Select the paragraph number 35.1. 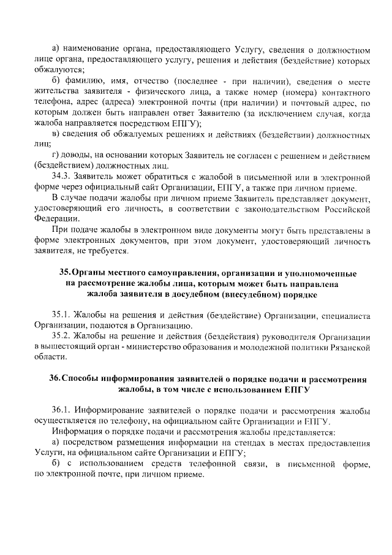[63, 315]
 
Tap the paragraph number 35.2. [63, 336]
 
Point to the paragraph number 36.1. [63, 409]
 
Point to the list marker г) [56, 153]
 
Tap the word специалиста [344, 315]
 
